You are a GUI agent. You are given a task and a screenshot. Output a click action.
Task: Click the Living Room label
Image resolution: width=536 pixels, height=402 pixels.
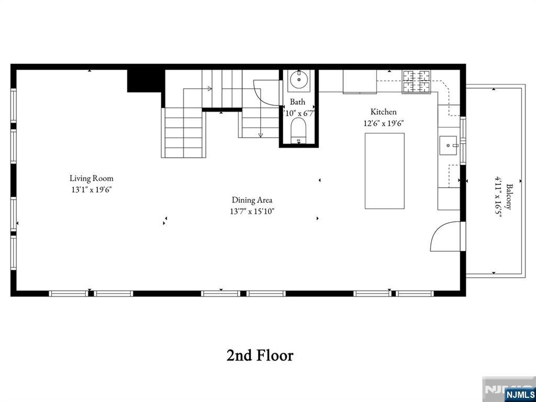(91, 178)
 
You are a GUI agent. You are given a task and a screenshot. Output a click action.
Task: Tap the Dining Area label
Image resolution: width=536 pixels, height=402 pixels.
(252, 200)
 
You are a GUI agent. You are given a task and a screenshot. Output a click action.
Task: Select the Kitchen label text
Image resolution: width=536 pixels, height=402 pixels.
(384, 112)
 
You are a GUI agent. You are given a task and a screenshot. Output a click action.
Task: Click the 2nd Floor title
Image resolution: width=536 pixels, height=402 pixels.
(260, 355)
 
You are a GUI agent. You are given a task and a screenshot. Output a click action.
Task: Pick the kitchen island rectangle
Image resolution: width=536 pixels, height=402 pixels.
(385, 171)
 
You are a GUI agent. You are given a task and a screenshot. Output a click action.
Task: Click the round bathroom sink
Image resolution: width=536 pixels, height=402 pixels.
(299, 80)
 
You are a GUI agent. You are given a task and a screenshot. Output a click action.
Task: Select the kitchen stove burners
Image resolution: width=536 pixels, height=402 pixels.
(416, 81)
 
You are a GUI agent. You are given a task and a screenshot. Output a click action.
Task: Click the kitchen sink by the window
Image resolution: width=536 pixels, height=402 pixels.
(449, 145)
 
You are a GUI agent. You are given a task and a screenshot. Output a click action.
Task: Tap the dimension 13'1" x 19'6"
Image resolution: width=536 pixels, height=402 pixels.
(92, 190)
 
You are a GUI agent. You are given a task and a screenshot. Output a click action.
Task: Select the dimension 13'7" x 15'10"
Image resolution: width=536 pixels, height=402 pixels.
(252, 211)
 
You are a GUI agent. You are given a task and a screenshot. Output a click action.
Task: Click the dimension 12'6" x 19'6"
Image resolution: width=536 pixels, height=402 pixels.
(384, 123)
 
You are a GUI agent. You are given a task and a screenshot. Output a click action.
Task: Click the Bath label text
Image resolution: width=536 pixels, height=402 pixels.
(297, 102)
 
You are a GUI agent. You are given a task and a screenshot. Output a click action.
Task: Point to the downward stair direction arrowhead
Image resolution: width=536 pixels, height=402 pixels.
(261, 135)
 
